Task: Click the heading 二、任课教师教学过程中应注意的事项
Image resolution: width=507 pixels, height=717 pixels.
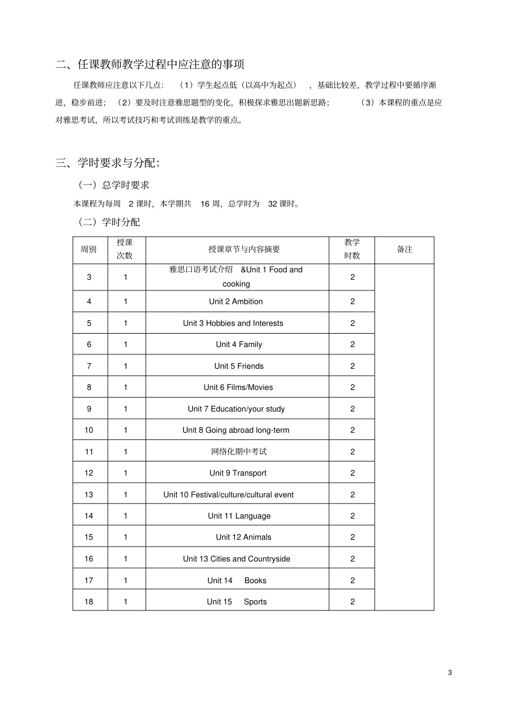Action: click(150, 65)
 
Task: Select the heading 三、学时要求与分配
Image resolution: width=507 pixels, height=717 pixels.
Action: click(108, 163)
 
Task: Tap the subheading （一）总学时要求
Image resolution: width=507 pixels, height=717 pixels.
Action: click(114, 185)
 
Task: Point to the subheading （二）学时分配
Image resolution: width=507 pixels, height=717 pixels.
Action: click(109, 222)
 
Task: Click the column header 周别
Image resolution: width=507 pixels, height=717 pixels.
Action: click(89, 249)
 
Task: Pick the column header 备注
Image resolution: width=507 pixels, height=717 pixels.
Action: click(405, 249)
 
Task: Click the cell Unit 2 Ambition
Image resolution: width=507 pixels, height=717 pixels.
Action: click(236, 302)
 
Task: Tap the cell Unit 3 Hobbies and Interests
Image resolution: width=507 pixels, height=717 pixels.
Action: click(233, 323)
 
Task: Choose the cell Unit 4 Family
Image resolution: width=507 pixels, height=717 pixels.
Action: click(239, 344)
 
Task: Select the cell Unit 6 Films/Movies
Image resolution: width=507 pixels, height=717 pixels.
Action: click(238, 388)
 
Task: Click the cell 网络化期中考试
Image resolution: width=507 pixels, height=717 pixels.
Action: click(239, 452)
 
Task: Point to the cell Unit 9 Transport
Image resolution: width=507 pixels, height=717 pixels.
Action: click(238, 473)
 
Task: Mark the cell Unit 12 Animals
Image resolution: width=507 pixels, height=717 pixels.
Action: click(243, 537)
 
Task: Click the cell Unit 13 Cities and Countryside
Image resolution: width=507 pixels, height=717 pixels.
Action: click(236, 559)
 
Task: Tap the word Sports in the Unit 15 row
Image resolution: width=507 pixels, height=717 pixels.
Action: click(255, 602)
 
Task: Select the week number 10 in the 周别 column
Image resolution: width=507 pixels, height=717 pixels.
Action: click(89, 430)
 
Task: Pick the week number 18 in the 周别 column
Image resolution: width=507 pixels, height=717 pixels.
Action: click(89, 602)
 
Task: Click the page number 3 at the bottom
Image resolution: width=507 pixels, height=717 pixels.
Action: click(450, 673)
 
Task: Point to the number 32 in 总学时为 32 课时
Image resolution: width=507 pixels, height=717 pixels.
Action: click(273, 204)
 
